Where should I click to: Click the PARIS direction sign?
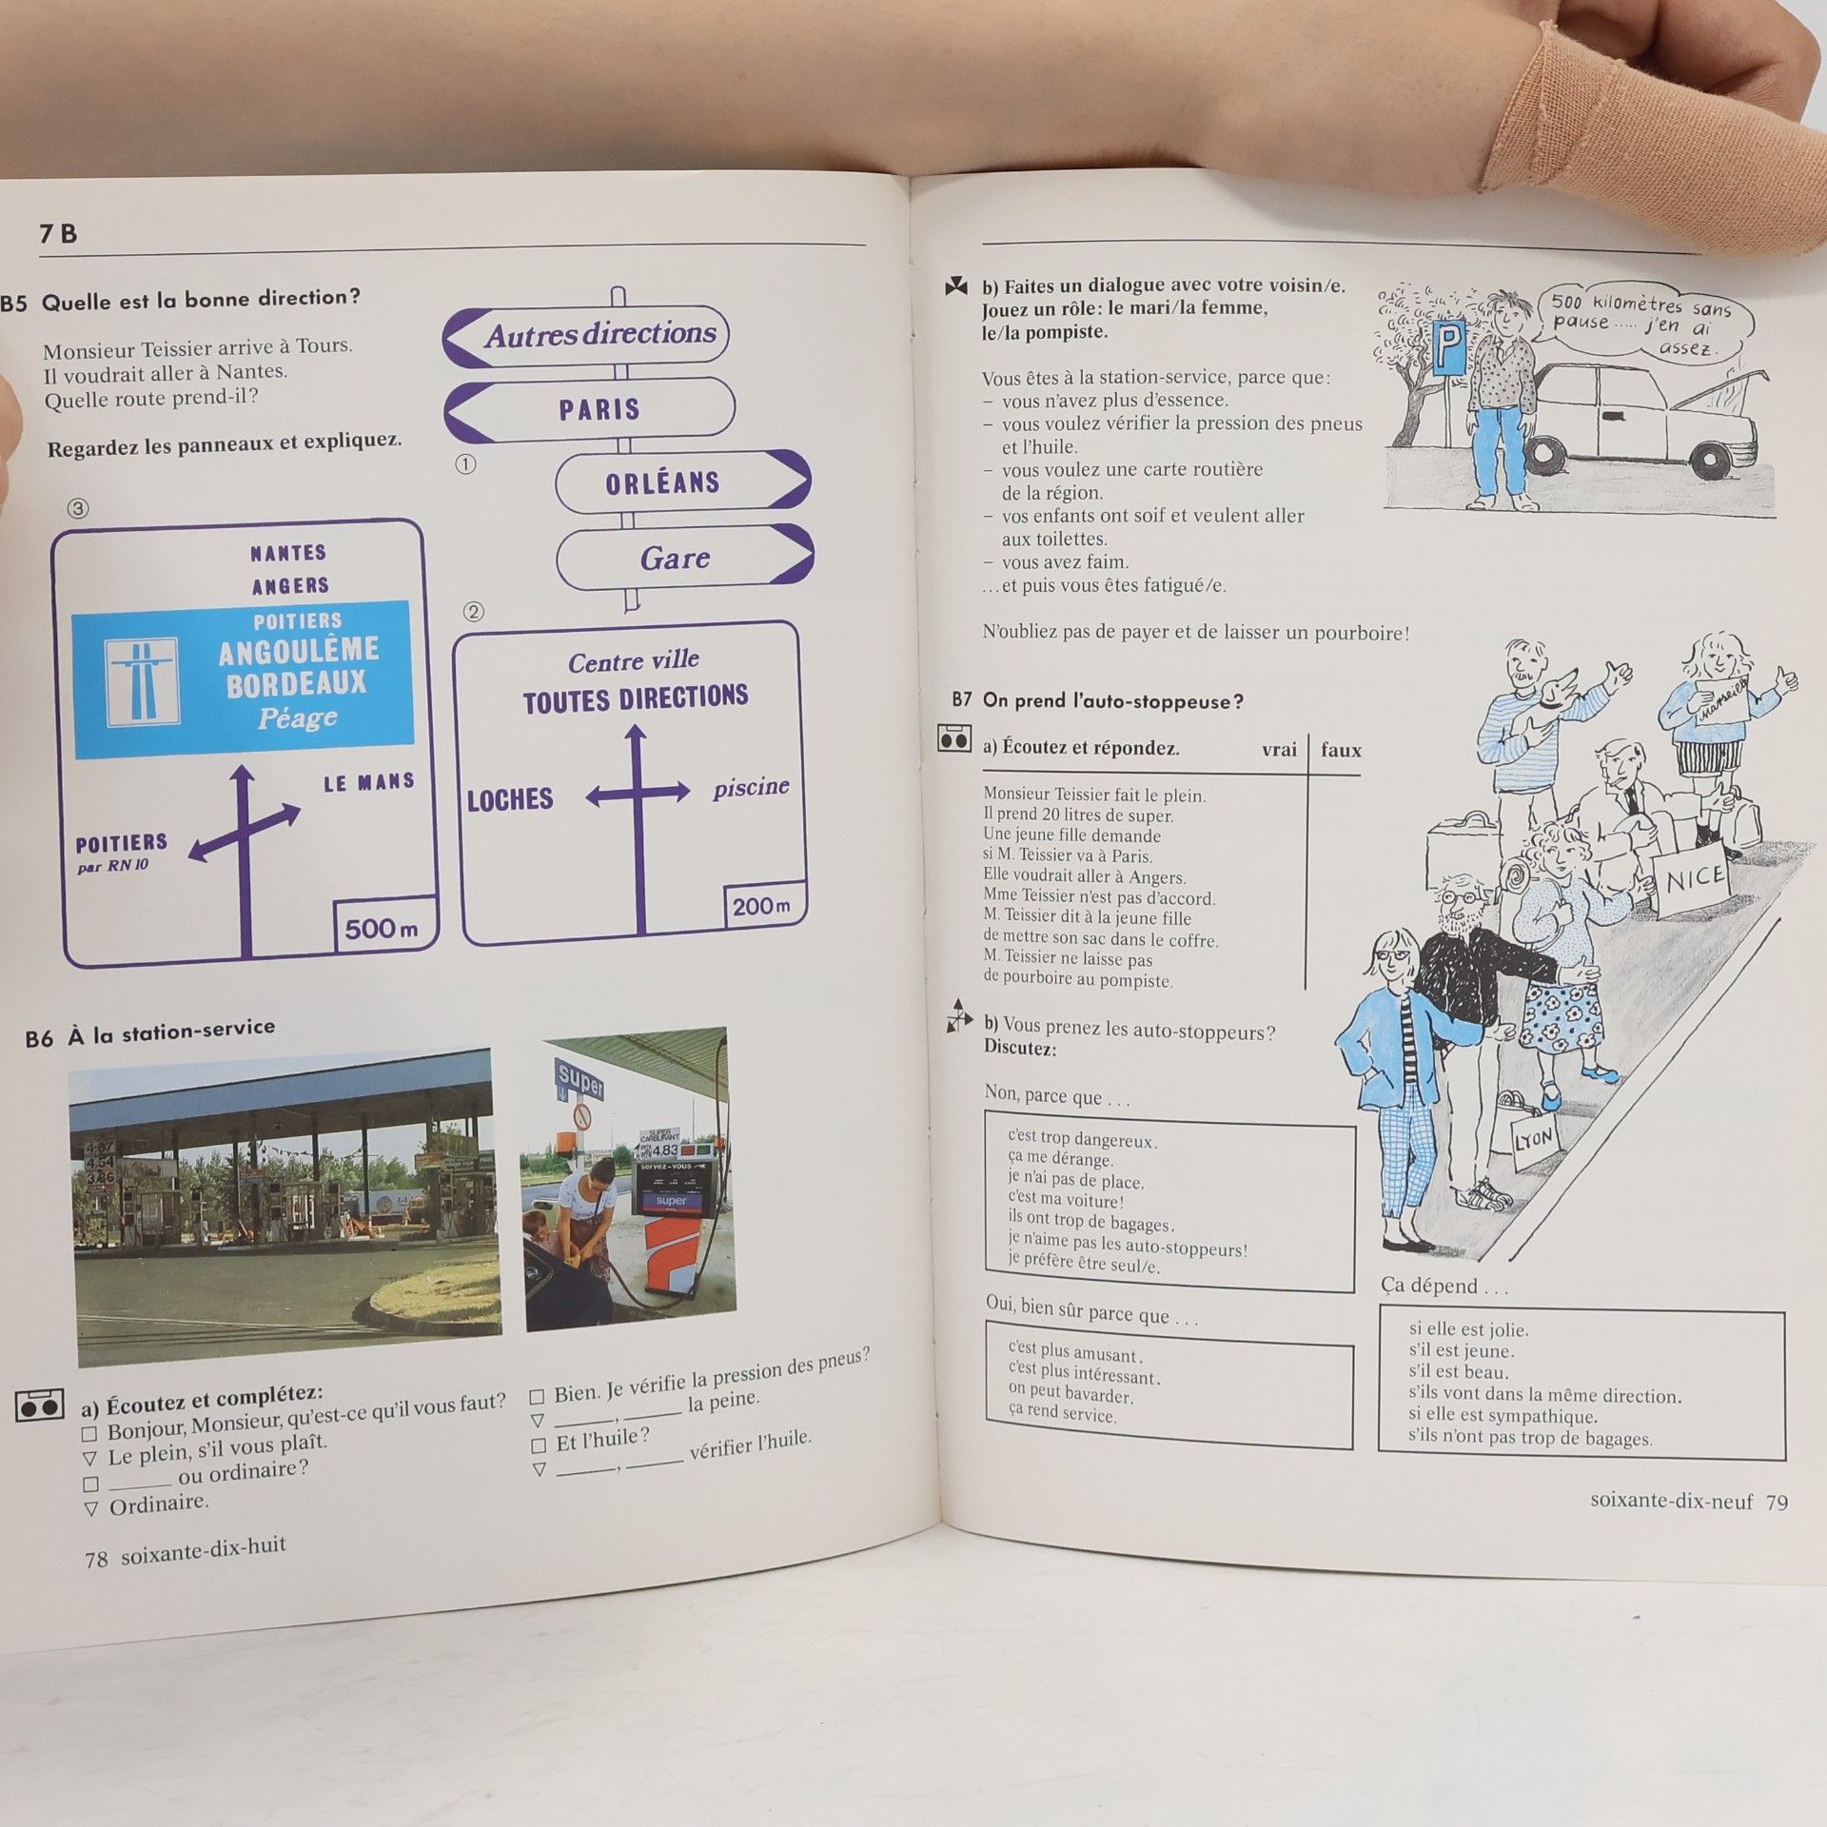click(x=589, y=410)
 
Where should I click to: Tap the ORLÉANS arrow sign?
click(x=682, y=481)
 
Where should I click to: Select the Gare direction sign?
click(x=684, y=557)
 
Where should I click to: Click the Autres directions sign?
click(x=586, y=335)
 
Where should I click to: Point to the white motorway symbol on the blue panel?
click(x=142, y=680)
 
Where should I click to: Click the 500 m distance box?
click(x=383, y=925)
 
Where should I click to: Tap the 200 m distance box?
click(x=763, y=905)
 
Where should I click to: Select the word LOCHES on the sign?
click(x=509, y=799)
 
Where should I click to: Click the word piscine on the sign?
click(x=751, y=788)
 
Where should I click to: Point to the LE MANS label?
click(x=369, y=782)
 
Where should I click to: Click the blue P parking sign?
click(x=1449, y=348)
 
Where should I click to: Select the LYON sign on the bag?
click(x=1534, y=1139)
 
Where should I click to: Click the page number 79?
click(x=1777, y=1503)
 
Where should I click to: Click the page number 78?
click(x=96, y=1559)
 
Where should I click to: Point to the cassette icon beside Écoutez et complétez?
click(x=40, y=1405)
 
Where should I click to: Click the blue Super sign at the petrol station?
click(x=580, y=1081)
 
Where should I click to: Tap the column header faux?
click(x=1341, y=750)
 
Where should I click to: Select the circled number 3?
click(x=78, y=508)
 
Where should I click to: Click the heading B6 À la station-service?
click(x=150, y=1031)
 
